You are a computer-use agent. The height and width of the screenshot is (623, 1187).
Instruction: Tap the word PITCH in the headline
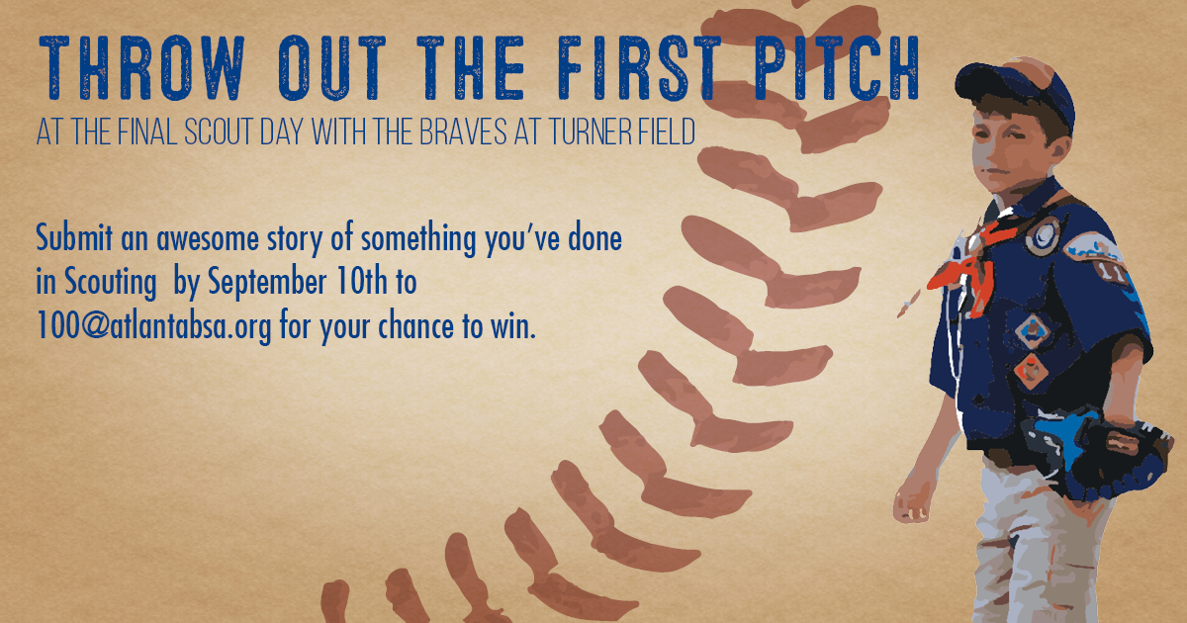tap(837, 68)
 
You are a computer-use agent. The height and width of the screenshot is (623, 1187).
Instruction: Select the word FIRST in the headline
tap(640, 68)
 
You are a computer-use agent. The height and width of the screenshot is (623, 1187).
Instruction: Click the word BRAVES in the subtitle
tap(463, 132)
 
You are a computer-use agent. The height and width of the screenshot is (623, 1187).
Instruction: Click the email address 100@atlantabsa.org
tap(153, 326)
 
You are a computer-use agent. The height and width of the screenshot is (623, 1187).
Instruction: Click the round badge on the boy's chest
tap(1043, 235)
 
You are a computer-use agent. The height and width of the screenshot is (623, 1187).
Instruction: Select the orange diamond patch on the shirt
tap(1031, 371)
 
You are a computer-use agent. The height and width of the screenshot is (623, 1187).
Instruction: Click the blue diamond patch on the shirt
tap(1033, 330)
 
